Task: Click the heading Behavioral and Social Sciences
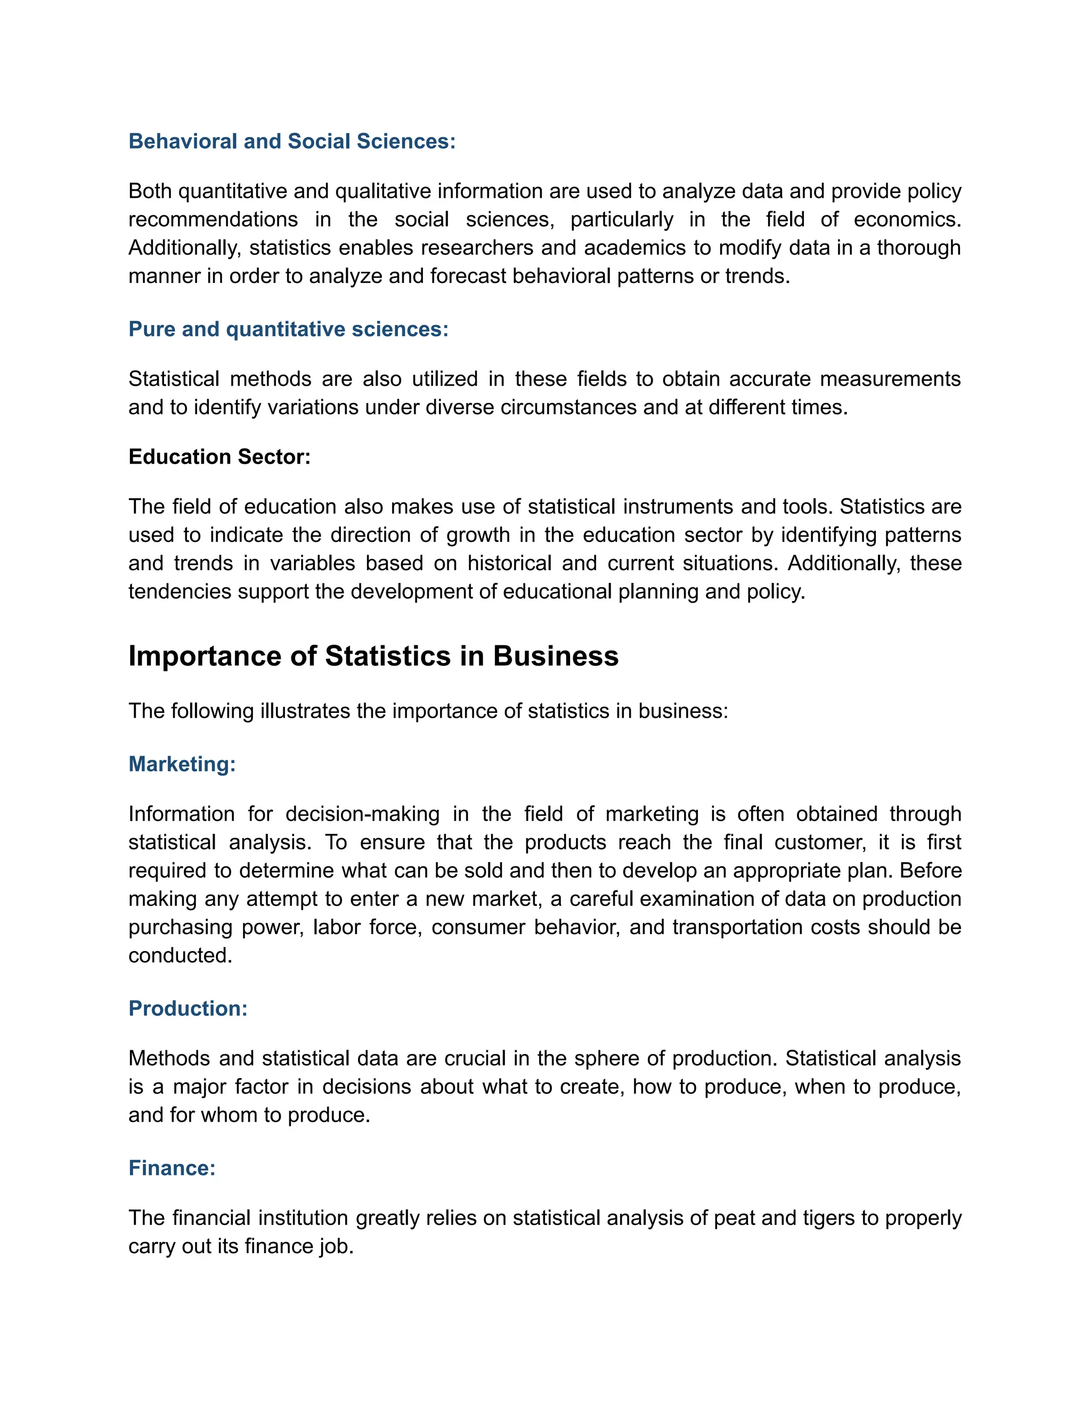291,141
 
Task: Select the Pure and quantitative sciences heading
288,329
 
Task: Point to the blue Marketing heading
182,764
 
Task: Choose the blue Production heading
188,1009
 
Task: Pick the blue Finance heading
172,1167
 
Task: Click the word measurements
890,379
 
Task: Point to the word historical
510,563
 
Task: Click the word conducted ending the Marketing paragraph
180,955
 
